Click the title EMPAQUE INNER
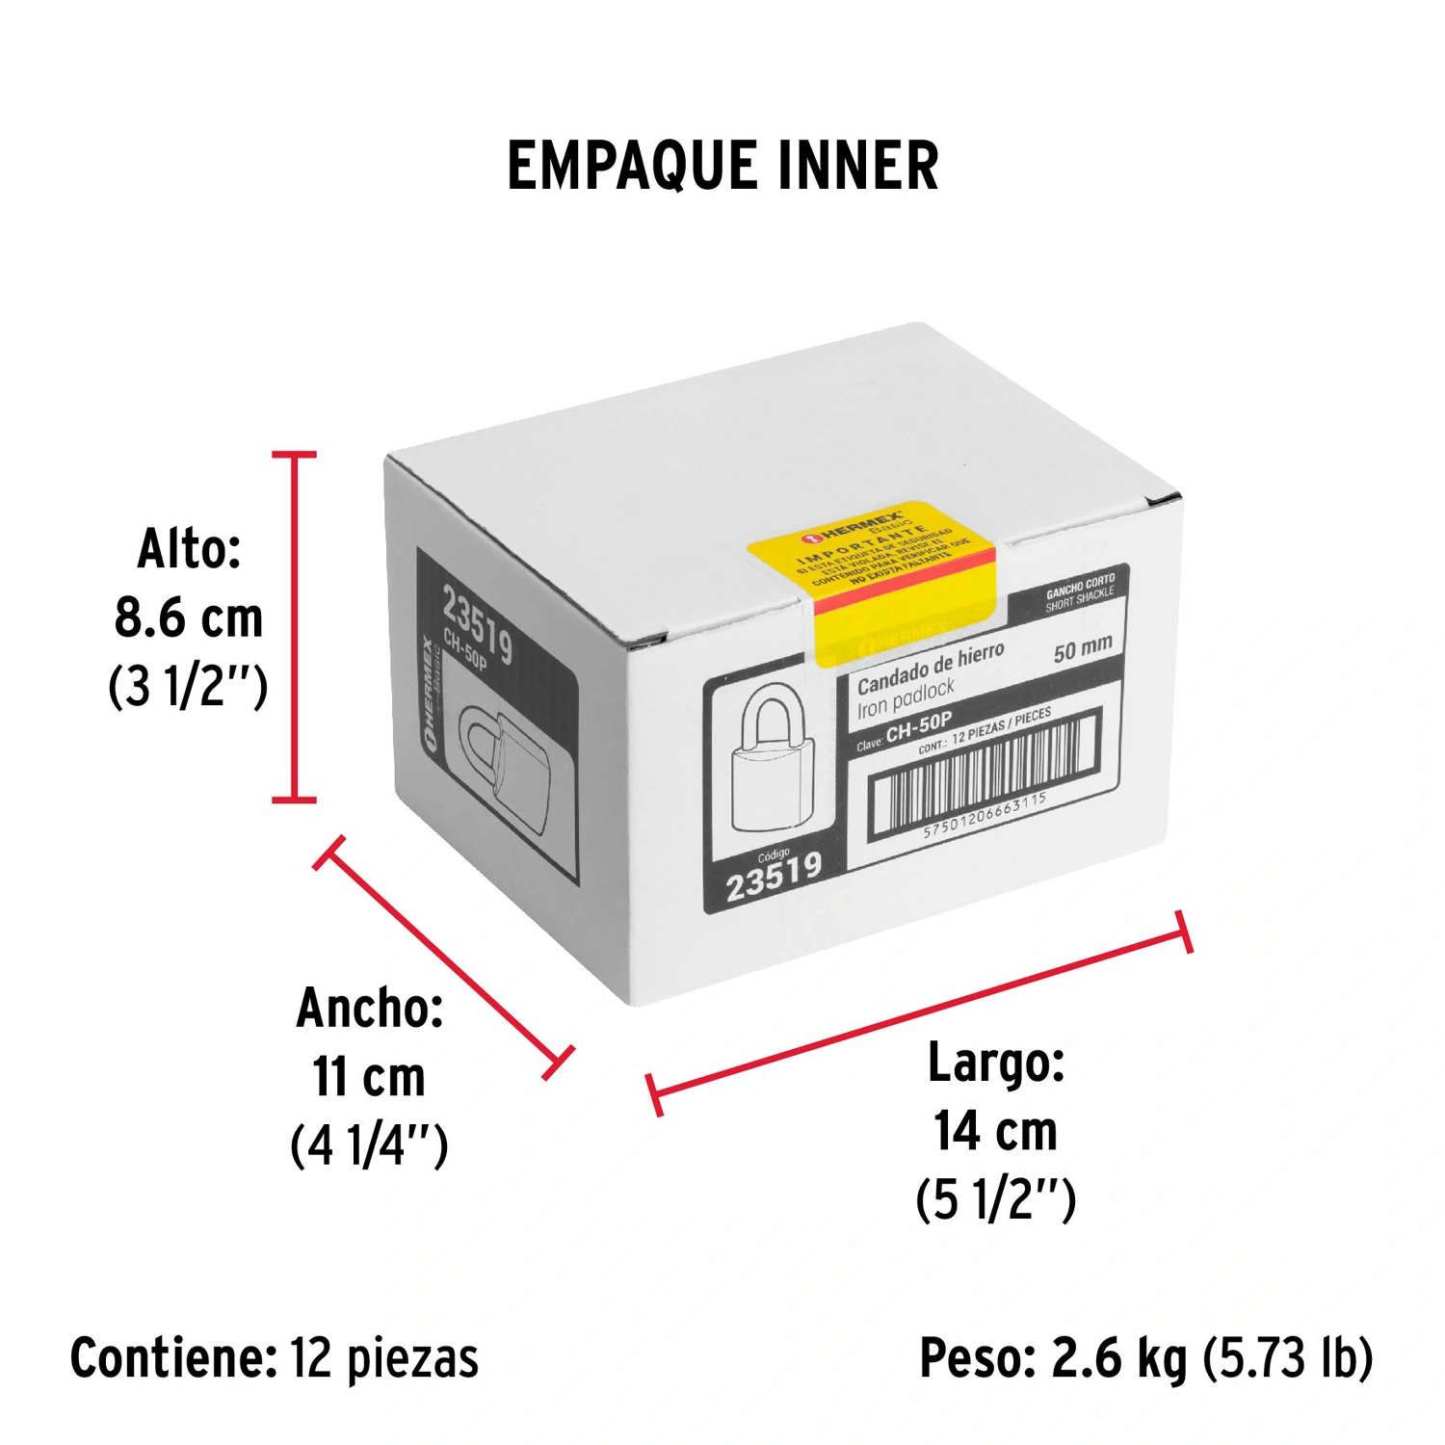click(722, 166)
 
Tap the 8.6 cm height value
click(189, 617)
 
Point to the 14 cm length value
click(995, 1131)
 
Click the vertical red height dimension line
click(294, 626)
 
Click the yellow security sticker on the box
click(872, 578)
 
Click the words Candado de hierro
click(930, 668)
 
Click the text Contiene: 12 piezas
click(275, 1358)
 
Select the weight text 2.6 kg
click(1119, 1358)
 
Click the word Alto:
click(189, 549)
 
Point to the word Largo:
click(995, 1063)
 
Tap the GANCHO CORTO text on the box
click(1080, 585)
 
